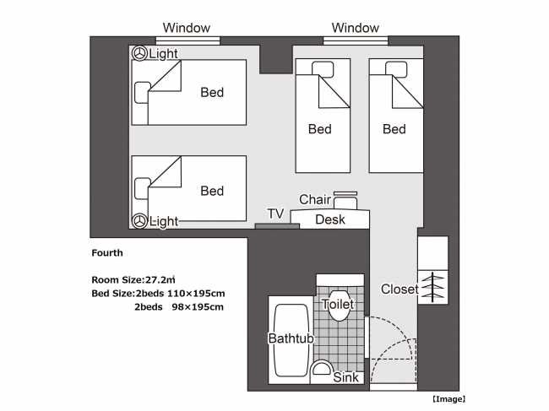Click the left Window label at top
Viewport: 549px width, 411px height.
pos(187,28)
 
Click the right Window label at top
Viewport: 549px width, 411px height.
pos(356,28)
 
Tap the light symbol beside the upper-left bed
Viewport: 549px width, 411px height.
pos(139,54)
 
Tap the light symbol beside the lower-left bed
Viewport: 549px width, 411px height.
pos(139,221)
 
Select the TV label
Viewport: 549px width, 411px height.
pos(275,214)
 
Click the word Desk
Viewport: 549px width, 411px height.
pos(329,219)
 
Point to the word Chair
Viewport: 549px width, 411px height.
pos(315,199)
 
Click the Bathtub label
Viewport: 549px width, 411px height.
pos(291,338)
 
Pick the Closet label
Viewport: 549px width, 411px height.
pos(399,289)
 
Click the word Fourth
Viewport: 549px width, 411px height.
pos(107,252)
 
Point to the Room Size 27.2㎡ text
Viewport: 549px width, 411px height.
pos(133,279)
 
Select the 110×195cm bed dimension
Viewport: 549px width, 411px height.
pos(194,293)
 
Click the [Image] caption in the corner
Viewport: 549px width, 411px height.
pos(447,398)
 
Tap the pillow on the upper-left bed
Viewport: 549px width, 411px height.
pos(141,90)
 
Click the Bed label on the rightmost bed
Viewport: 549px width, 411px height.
pos(394,129)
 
